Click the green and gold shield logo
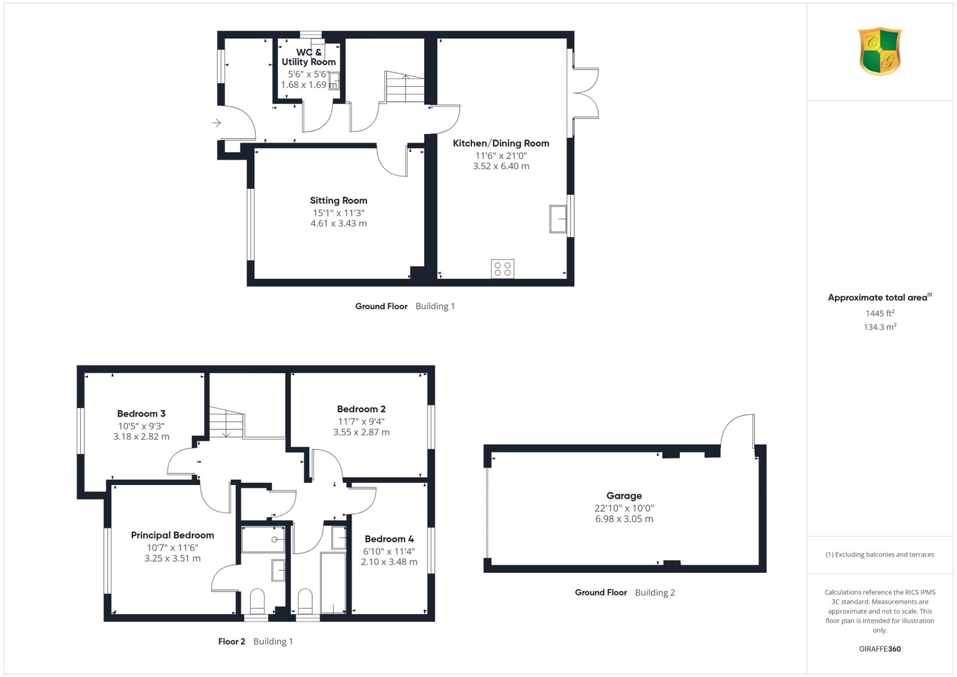click(880, 51)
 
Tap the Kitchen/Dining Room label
click(501, 143)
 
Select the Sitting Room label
click(339, 200)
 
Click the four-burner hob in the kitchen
click(502, 269)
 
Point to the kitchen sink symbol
click(557, 219)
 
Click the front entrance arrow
click(217, 123)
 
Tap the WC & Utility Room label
click(309, 57)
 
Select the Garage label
click(624, 495)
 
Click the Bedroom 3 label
click(141, 413)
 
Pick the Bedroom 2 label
click(361, 408)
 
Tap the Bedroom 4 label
click(389, 539)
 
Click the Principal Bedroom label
click(172, 535)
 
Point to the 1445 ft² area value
click(880, 313)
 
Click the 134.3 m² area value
click(880, 327)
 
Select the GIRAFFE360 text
click(880, 649)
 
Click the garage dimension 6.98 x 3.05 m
click(624, 519)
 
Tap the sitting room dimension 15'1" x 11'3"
click(339, 213)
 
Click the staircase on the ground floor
click(404, 87)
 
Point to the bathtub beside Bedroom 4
click(333, 583)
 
